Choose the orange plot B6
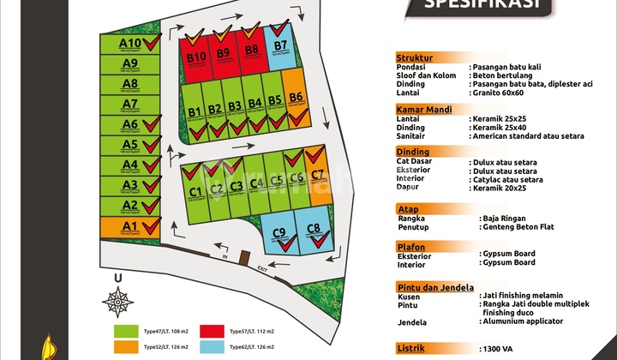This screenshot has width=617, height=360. pyautogui.click(x=296, y=100)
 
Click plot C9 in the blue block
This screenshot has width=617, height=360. pyautogui.click(x=280, y=234)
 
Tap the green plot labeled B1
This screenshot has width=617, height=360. pyautogui.click(x=195, y=112)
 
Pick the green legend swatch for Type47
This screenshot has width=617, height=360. pyautogui.click(x=126, y=330)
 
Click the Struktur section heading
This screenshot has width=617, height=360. pyautogui.click(x=415, y=57)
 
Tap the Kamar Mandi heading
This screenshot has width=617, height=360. pyautogui.click(x=426, y=110)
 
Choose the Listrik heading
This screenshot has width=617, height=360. pyautogui.click(x=413, y=349)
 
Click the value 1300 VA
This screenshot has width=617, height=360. pyautogui.click(x=494, y=349)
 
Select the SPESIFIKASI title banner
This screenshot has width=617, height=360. pyautogui.click(x=476, y=5)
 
